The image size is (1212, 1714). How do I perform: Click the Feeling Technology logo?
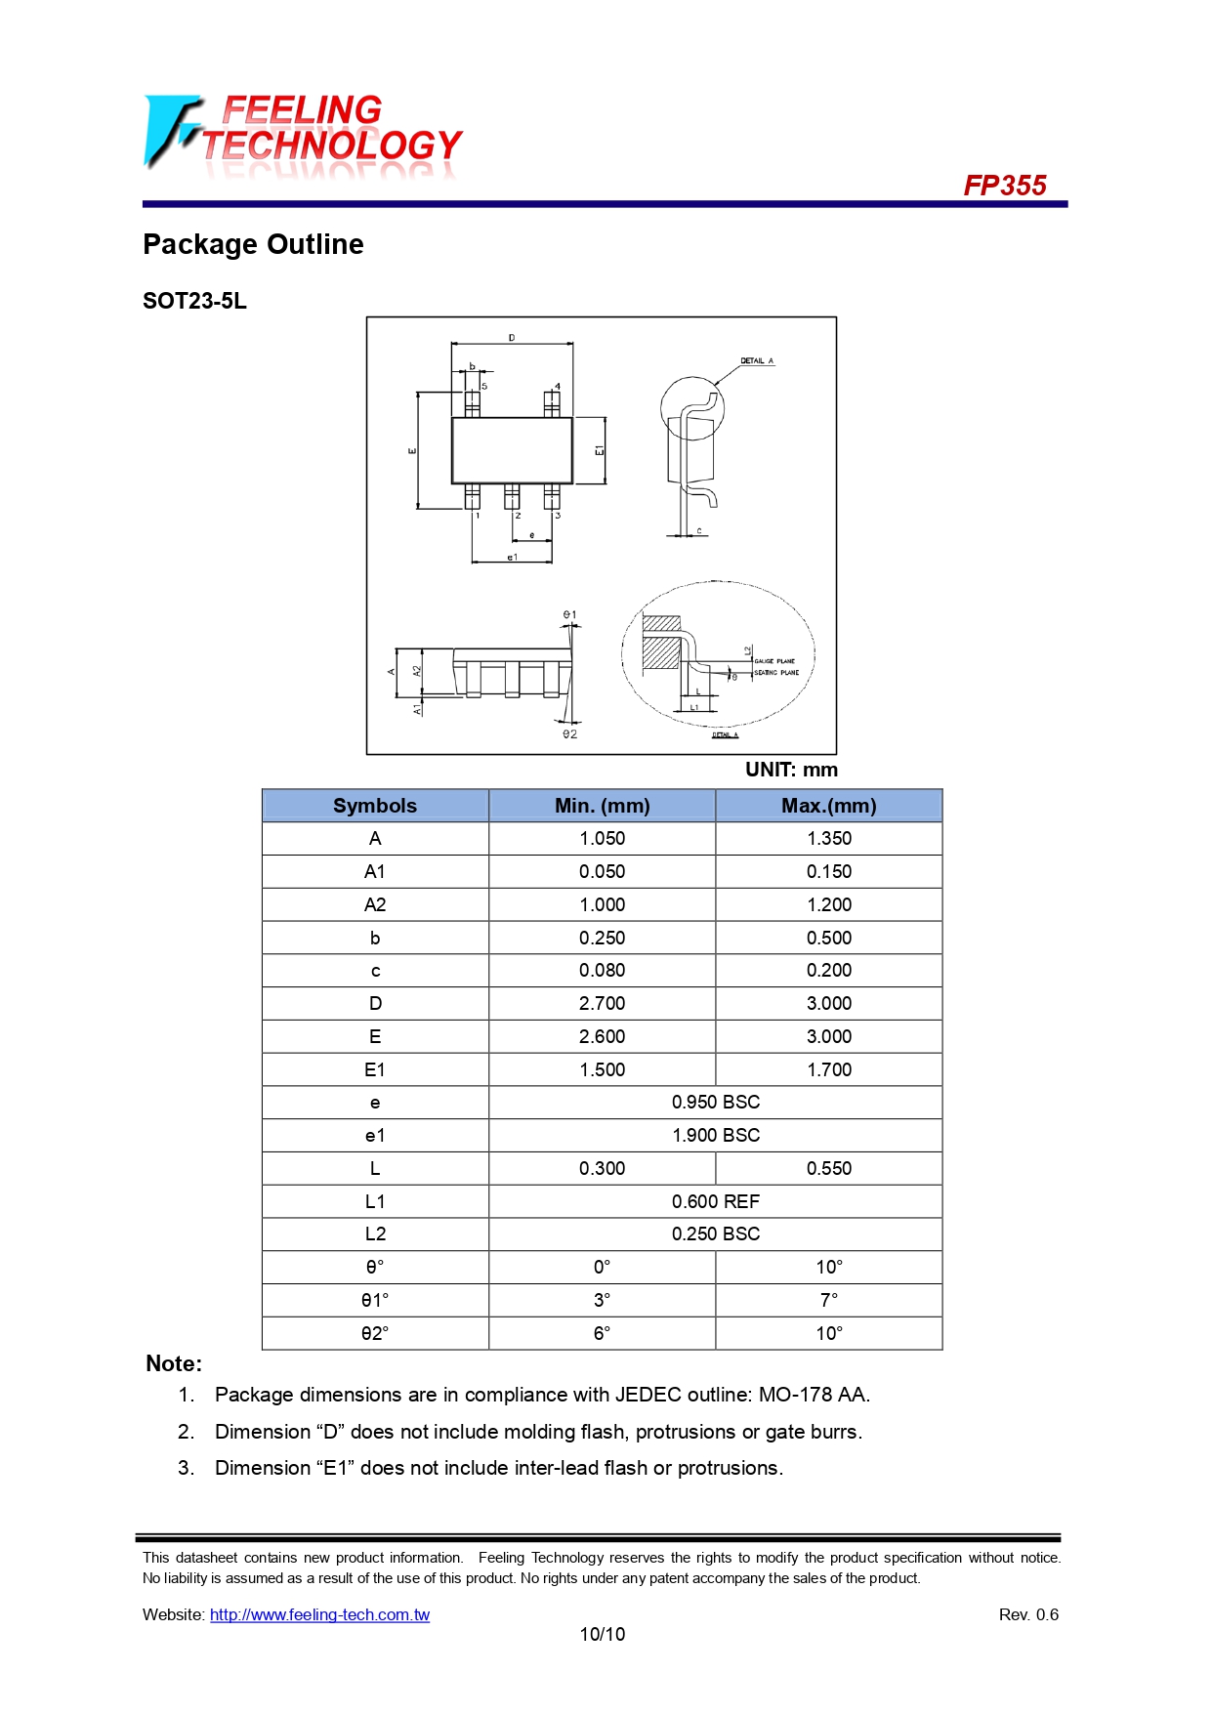click(x=303, y=136)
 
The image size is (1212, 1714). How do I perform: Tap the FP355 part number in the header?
click(x=1004, y=186)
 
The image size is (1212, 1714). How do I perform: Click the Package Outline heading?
click(x=253, y=244)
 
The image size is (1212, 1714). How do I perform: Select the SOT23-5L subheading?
click(x=194, y=301)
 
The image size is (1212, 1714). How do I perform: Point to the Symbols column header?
click(x=375, y=806)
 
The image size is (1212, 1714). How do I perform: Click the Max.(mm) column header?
click(x=828, y=806)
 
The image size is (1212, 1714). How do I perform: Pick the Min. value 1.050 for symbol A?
click(x=602, y=839)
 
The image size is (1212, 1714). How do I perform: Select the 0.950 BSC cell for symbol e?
click(x=715, y=1103)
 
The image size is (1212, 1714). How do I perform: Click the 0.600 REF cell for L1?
click(x=715, y=1201)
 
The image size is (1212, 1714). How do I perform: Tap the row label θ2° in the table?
click(x=375, y=1333)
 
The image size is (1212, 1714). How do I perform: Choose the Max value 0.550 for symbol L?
click(x=828, y=1168)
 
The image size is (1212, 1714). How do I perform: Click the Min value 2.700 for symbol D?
click(x=602, y=1003)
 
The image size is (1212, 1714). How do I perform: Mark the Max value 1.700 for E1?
click(x=828, y=1069)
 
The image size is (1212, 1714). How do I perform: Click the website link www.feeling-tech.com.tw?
click(x=319, y=1614)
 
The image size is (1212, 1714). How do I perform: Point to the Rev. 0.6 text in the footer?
click(x=1027, y=1614)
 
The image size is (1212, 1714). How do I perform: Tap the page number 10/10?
click(x=602, y=1634)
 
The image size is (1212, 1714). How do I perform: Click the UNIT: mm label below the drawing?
click(x=791, y=770)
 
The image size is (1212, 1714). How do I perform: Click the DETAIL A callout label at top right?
click(x=756, y=361)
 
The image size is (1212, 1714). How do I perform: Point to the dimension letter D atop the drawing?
click(x=512, y=338)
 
